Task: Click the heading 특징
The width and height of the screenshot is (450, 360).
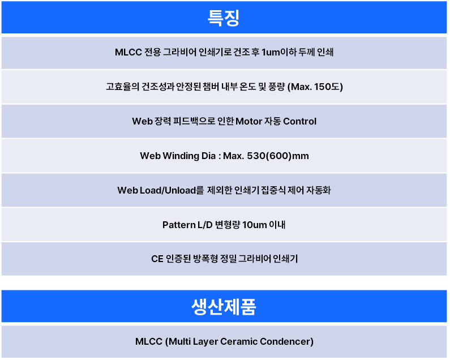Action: click(224, 18)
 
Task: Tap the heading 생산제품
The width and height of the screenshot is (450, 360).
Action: click(224, 307)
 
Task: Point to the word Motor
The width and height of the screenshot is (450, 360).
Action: click(248, 122)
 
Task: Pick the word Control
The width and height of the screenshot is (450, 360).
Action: click(299, 122)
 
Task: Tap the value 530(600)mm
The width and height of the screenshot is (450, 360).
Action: click(278, 156)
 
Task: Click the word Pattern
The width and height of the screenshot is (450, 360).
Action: click(179, 225)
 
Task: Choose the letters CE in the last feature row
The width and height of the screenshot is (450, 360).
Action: click(157, 259)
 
